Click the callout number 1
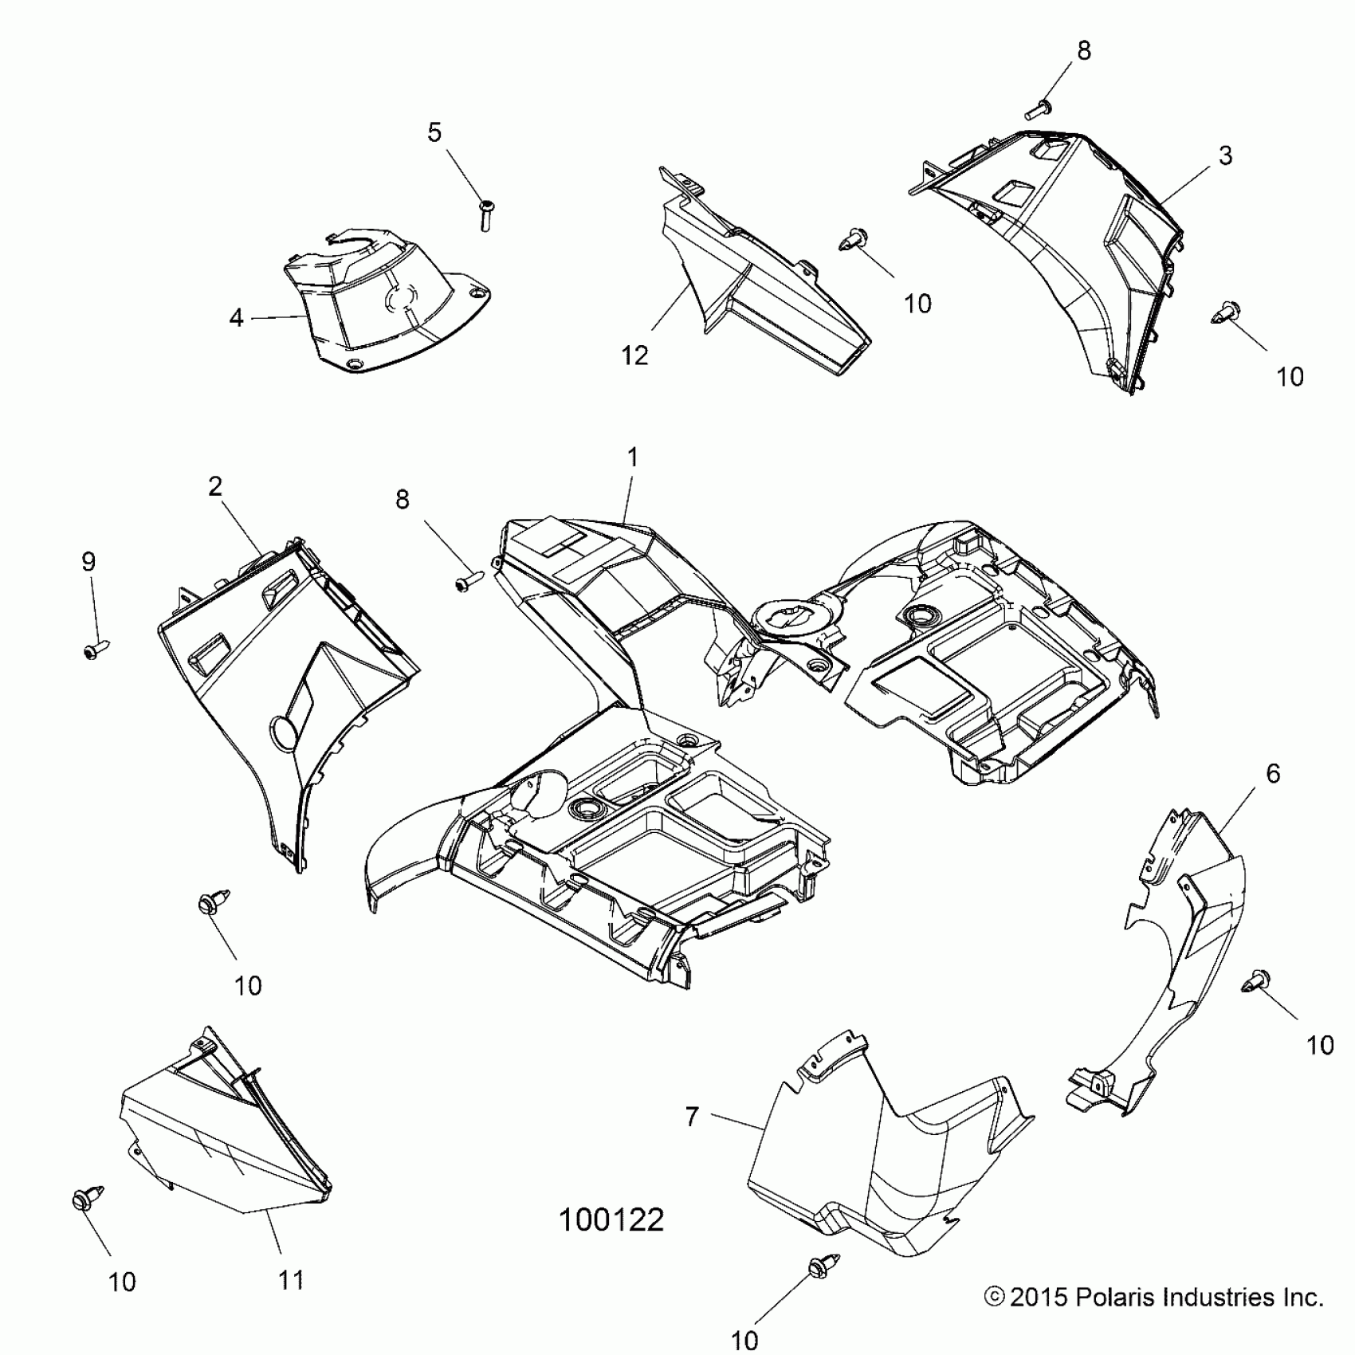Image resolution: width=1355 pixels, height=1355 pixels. (633, 458)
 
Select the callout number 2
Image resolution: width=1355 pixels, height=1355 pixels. (215, 486)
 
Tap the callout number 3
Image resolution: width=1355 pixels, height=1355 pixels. (1225, 155)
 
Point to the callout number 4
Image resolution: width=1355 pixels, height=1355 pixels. (236, 318)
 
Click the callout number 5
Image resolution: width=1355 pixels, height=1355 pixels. (434, 132)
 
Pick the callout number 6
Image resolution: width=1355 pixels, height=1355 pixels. (1273, 773)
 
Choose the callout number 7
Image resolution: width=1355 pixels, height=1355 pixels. (692, 1117)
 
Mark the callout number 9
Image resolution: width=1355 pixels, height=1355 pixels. (88, 562)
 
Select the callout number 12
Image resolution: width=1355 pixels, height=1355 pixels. (634, 356)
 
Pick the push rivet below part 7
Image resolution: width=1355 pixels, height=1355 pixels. (819, 1267)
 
